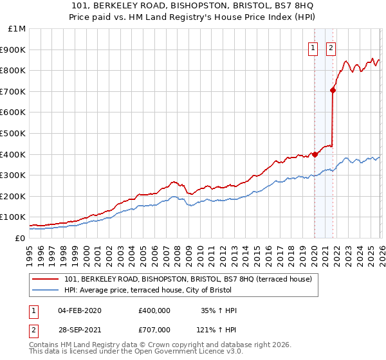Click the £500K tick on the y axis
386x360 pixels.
pyautogui.click(x=13, y=133)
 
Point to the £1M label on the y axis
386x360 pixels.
pyautogui.click(x=17, y=28)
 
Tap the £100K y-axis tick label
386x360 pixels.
pyautogui.click(x=13, y=217)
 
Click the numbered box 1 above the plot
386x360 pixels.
pyautogui.click(x=313, y=47)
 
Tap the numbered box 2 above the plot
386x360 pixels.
pyautogui.click(x=331, y=47)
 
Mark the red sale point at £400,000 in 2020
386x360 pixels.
pyautogui.click(x=315, y=154)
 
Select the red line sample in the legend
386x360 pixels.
pyautogui.click(x=46, y=279)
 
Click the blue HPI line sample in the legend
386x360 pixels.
pyautogui.click(x=46, y=290)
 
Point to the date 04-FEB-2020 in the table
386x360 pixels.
pyautogui.click(x=79, y=310)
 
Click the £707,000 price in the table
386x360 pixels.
pyautogui.click(x=154, y=329)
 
